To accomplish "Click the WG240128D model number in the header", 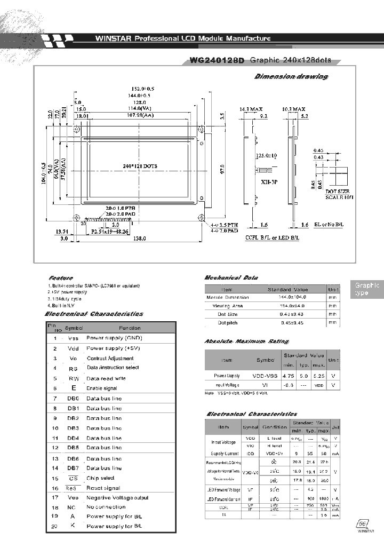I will [x=217, y=61].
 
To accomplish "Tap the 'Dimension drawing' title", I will [x=291, y=77].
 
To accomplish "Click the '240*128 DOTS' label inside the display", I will [x=140, y=166].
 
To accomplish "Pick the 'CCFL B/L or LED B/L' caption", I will [x=270, y=237].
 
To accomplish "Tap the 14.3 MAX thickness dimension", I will [x=250, y=108].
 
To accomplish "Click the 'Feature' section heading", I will [x=60, y=278].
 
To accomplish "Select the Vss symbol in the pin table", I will [x=73, y=338].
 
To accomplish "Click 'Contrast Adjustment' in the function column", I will [x=109, y=358].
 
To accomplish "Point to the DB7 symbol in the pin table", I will [x=73, y=468].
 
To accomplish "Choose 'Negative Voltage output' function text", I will [x=117, y=497].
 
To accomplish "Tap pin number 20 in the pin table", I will [x=54, y=527].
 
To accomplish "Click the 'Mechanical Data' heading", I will [x=231, y=278].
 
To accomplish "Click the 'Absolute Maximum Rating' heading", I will [x=246, y=341].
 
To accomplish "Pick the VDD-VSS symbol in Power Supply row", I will [x=266, y=376].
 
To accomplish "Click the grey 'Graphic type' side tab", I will [x=367, y=289].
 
